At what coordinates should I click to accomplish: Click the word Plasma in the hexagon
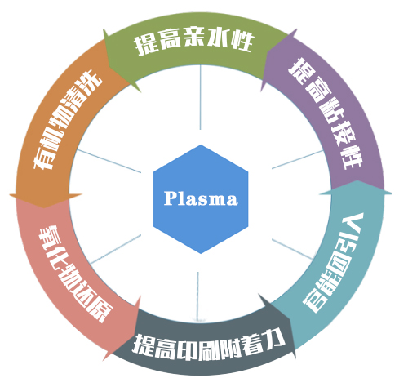tap(201, 198)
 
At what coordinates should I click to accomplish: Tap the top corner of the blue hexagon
tap(201, 145)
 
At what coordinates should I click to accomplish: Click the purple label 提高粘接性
tap(326, 113)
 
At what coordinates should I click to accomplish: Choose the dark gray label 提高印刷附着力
tap(208, 345)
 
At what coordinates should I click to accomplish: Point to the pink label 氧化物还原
tap(75, 274)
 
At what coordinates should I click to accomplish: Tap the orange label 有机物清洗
tap(68, 119)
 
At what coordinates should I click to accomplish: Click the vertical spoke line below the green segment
tap(201, 97)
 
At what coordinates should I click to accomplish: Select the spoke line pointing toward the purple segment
tap(297, 159)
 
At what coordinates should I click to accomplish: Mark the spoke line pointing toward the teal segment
tap(292, 250)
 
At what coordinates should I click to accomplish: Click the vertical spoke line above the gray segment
tap(197, 296)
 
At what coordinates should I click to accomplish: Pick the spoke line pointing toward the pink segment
tap(116, 249)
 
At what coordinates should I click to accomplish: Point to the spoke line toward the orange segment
tap(109, 161)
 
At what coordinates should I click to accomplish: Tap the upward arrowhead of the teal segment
tap(357, 187)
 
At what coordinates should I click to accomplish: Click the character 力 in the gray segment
tap(274, 340)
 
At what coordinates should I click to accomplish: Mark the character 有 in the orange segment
tap(43, 159)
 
